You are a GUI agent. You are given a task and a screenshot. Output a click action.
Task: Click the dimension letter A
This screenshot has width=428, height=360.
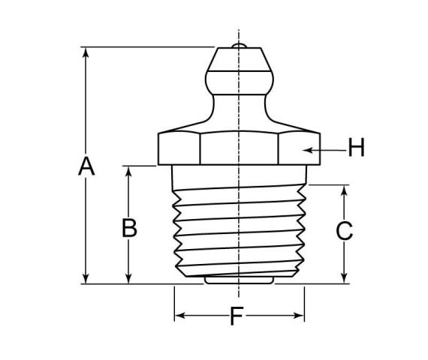(87, 166)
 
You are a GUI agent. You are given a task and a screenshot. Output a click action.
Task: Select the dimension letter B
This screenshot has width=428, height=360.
(130, 228)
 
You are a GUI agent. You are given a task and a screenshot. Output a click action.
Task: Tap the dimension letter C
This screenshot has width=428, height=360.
(344, 231)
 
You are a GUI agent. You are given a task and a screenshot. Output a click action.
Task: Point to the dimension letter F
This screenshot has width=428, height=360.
(237, 317)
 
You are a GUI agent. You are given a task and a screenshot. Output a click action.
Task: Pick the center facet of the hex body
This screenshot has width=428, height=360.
(239, 148)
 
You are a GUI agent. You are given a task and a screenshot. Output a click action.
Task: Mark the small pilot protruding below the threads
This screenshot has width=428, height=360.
(239, 282)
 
